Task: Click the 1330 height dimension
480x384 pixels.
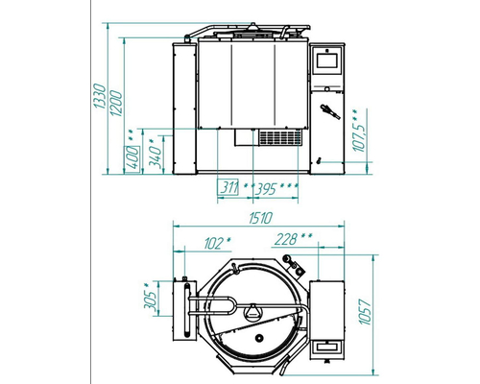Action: click(x=99, y=96)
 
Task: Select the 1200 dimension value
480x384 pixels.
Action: click(x=116, y=104)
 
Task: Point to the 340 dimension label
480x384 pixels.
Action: click(x=156, y=155)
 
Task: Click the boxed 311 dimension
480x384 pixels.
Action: click(x=228, y=187)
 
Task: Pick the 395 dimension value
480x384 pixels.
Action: click(x=265, y=189)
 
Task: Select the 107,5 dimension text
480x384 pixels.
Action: click(x=359, y=131)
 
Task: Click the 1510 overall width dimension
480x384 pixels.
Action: click(x=260, y=218)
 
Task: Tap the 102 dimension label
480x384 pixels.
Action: click(x=214, y=244)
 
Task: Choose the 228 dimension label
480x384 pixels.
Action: click(x=285, y=239)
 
